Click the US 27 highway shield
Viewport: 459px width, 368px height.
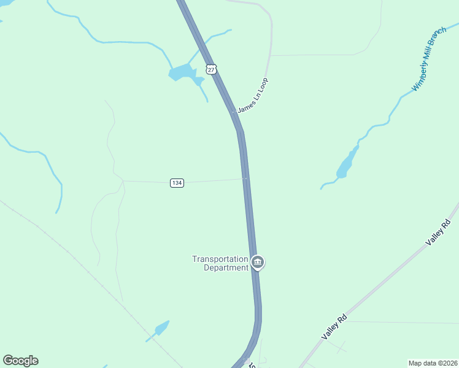(211, 69)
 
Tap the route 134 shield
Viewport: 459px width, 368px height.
(177, 183)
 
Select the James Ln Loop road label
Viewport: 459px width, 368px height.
(253, 95)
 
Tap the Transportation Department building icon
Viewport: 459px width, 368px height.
(258, 263)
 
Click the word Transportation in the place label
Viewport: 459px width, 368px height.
(220, 259)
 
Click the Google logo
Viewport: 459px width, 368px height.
(20, 361)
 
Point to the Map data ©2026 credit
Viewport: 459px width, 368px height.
(433, 363)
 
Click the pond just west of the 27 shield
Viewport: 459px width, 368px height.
(183, 73)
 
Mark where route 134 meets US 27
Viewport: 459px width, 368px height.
(245, 179)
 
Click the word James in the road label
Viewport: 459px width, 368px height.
(245, 105)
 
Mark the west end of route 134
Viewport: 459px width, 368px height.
(124, 181)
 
